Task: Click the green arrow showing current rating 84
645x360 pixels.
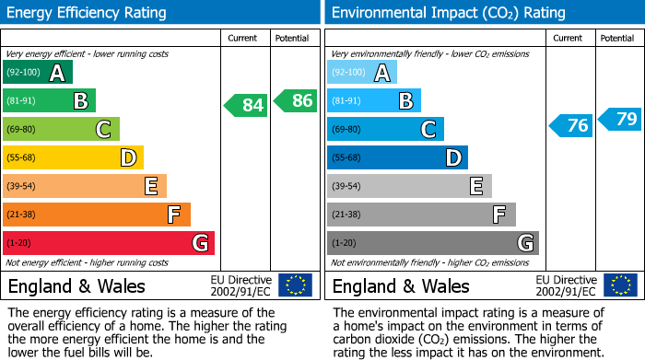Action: [x=246, y=105]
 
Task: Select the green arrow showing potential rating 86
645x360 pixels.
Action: [x=296, y=101]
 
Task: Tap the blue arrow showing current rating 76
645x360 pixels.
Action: [x=570, y=125]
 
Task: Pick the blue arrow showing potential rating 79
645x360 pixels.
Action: [x=620, y=119]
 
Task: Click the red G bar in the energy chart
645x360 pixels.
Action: [x=109, y=243]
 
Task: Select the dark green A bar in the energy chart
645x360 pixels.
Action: [x=37, y=73]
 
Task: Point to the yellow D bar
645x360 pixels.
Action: [x=73, y=158]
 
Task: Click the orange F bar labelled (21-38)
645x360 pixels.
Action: [x=97, y=215]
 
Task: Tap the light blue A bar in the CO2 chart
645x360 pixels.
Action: [x=361, y=73]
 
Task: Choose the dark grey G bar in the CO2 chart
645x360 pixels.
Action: [x=432, y=243]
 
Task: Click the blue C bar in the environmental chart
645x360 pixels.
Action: [x=385, y=130]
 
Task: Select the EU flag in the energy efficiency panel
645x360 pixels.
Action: [x=295, y=285]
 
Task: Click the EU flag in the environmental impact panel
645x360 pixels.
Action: [x=619, y=285]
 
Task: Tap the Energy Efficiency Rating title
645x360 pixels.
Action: [x=88, y=13]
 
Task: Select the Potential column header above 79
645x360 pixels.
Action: [x=617, y=38]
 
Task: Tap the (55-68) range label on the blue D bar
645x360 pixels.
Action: [x=347, y=158]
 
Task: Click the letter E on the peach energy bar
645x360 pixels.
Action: [x=151, y=187]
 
